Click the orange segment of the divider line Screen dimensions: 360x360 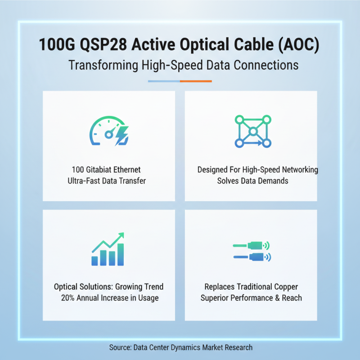pos(196,81)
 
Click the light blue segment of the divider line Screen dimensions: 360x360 pos(164,81)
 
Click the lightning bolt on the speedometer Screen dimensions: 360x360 pos(121,135)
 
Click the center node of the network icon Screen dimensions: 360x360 pos(253,131)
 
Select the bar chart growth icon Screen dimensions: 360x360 pos(108,250)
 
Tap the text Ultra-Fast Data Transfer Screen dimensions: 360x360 pos(109,181)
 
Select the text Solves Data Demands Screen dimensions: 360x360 pos(251,181)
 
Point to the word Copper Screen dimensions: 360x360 pos(286,287)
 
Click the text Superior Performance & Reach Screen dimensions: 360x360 pos(251,298)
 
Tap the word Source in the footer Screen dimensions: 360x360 pos(120,347)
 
